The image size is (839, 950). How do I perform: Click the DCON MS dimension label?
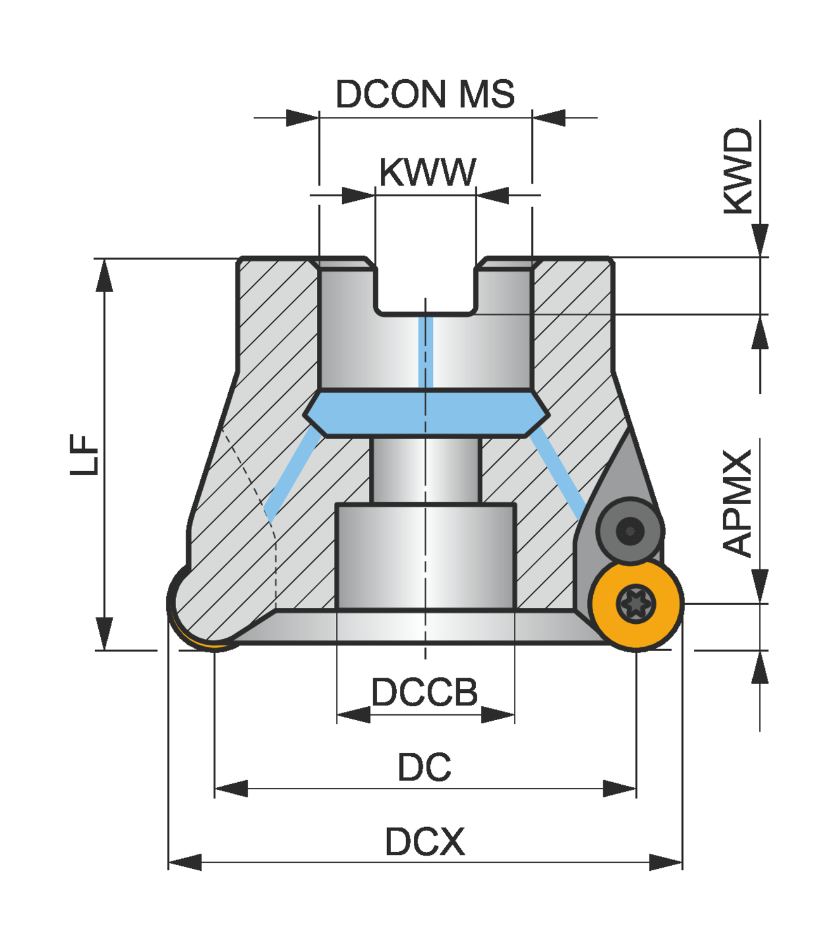point(425,94)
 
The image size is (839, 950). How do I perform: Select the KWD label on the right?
point(738,171)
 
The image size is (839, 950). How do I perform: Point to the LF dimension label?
point(84,454)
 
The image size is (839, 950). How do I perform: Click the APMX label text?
point(738,503)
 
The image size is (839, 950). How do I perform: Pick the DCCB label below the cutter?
point(425,692)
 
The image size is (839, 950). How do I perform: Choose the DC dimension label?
point(424,768)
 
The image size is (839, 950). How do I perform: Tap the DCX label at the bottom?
point(425,842)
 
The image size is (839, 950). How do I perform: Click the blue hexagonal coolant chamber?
point(426,413)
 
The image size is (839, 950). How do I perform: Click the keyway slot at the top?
point(425,288)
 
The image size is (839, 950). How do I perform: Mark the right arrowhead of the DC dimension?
point(620,788)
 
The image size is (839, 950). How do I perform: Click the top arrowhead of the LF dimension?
point(105,275)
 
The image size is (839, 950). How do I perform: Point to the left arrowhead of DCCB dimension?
point(354,715)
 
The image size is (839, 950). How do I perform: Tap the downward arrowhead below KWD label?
point(760,241)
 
